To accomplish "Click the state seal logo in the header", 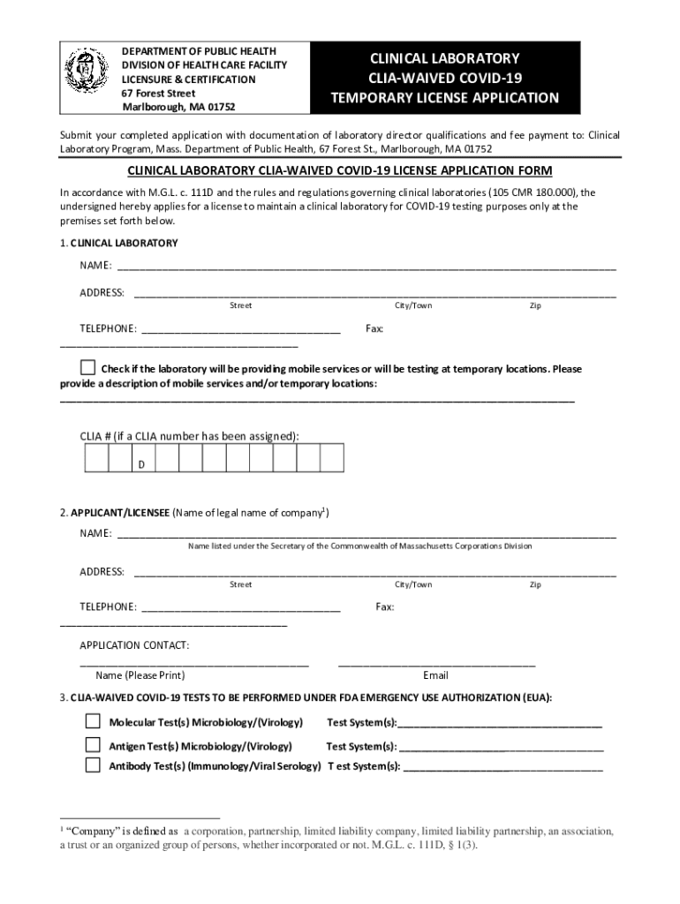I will pyautogui.click(x=88, y=77).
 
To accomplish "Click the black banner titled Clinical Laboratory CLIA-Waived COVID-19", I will pyautogui.click(x=444, y=78).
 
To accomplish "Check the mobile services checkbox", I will pyautogui.click(x=87, y=367).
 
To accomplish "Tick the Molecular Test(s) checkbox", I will pyautogui.click(x=93, y=721).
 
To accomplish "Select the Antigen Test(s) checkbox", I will pyautogui.click(x=93, y=744).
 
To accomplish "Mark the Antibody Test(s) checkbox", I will pyautogui.click(x=93, y=765).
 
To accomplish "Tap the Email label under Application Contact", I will pyautogui.click(x=435, y=675).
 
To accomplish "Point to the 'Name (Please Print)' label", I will pyautogui.click(x=140, y=675).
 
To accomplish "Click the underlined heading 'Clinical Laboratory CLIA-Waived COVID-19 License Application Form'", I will pyautogui.click(x=340, y=170).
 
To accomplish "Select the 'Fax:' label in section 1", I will pyautogui.click(x=374, y=328).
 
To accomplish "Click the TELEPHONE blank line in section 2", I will pyautogui.click(x=241, y=606).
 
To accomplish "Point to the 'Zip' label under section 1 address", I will pyautogui.click(x=535, y=305).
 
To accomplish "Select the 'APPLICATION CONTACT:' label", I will pyautogui.click(x=134, y=645).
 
